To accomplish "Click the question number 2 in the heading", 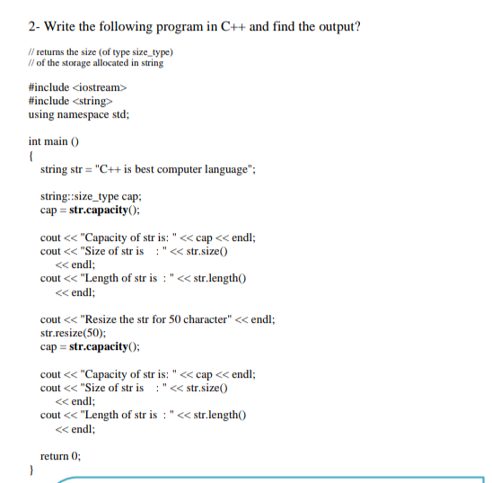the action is [32, 25].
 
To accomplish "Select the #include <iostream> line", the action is [79, 87].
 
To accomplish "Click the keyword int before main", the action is [36, 141].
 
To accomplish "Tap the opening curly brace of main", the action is [32, 156].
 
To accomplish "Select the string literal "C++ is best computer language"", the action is [171, 170].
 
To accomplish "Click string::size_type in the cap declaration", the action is [79, 197].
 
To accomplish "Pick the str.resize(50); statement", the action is [75, 333].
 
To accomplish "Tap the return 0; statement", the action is [61, 456].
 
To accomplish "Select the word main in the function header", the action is [59, 141].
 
